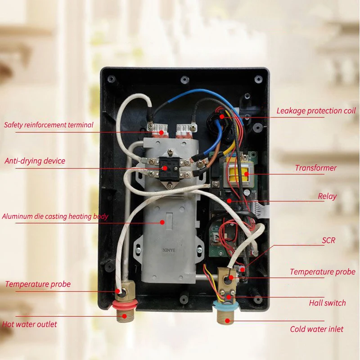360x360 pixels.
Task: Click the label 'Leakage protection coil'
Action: pyautogui.click(x=316, y=110)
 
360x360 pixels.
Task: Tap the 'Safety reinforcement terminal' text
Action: pyautogui.click(x=49, y=124)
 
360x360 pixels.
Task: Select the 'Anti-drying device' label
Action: pyautogui.click(x=35, y=161)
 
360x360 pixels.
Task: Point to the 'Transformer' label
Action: pyautogui.click(x=315, y=168)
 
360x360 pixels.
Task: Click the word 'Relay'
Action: pyautogui.click(x=327, y=196)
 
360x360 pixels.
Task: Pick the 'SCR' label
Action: pyautogui.click(x=328, y=240)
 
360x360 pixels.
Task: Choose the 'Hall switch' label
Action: pyautogui.click(x=327, y=303)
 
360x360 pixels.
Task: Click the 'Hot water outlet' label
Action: pyautogui.click(x=30, y=324)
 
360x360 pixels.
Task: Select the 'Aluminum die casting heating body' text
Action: pyautogui.click(x=55, y=216)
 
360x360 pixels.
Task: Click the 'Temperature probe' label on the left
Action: pyautogui.click(x=38, y=284)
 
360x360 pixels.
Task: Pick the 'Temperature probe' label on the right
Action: pyautogui.click(x=322, y=271)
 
